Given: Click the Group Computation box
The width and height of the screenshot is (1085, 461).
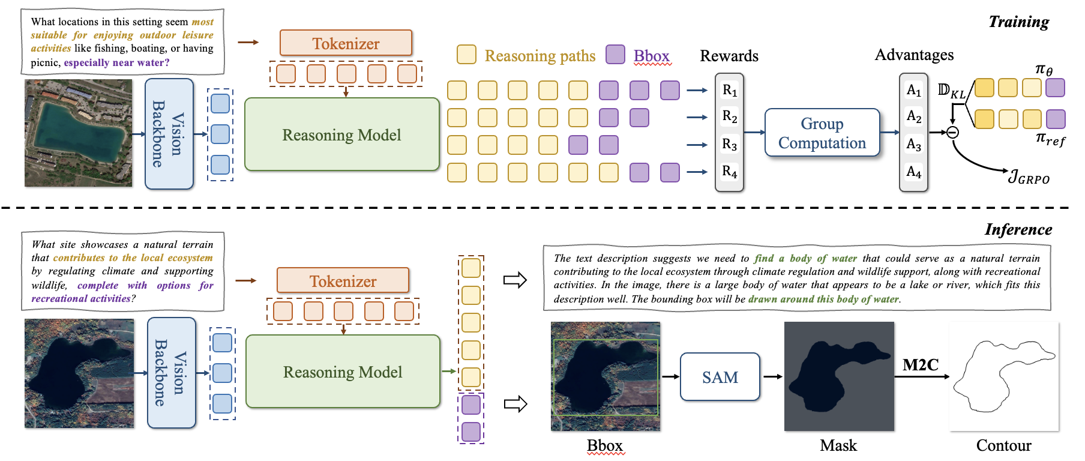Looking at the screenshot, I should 822,133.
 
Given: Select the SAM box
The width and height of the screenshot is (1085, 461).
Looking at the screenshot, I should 720,377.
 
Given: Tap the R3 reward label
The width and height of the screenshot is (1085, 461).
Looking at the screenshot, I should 729,145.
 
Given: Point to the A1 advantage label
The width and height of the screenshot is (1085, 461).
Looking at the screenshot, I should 913,90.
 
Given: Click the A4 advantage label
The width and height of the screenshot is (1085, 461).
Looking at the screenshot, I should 913,172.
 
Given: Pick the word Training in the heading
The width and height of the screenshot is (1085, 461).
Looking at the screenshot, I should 1018,22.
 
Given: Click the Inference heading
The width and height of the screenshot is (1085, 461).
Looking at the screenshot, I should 1018,229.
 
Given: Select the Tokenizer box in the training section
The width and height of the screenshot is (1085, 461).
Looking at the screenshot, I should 346,43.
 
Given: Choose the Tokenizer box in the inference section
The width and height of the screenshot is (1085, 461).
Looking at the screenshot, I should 343,281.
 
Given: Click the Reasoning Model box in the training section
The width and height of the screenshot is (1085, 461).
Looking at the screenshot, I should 342,135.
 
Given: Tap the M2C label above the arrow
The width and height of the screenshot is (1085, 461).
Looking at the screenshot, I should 920,365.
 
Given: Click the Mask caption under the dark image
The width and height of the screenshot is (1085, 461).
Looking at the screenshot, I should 838,445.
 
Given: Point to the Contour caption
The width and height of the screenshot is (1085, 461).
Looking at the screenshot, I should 1003,445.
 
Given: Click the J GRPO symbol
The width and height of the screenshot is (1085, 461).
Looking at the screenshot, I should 1029,178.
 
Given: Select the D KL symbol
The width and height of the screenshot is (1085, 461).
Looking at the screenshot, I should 952,91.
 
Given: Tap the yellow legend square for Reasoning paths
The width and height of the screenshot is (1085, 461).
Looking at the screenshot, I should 466,55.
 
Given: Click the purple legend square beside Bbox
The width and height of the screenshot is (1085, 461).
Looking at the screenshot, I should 615,55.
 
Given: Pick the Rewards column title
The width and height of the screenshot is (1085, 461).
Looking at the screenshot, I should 729,56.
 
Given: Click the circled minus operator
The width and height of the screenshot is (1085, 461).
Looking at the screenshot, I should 952,133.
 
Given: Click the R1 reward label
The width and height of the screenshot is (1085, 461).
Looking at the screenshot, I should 729,90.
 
